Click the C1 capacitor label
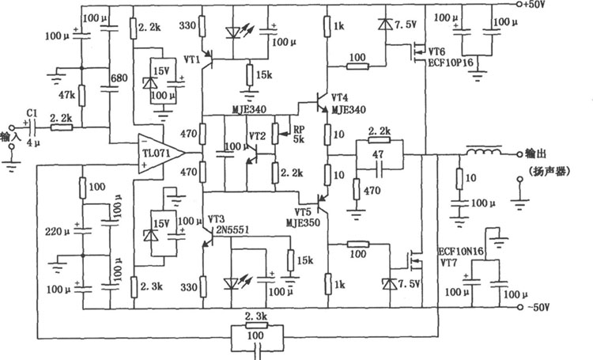click(x=32, y=112)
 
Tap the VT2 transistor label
click(x=257, y=136)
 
